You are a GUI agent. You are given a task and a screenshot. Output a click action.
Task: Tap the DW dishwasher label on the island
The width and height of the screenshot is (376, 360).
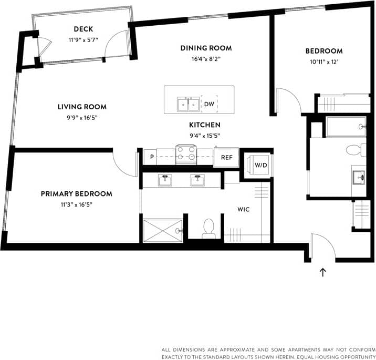point(209,104)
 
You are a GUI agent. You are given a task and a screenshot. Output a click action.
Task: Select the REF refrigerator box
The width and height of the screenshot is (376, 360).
point(226,157)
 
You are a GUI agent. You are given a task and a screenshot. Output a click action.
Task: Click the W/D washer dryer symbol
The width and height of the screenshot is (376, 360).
point(260,165)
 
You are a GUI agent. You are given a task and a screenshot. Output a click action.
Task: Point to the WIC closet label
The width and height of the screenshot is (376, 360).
point(244,209)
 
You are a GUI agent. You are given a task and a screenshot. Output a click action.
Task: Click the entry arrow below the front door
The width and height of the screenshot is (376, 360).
point(323,272)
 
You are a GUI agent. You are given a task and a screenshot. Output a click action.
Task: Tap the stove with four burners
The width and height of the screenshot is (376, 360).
point(186,155)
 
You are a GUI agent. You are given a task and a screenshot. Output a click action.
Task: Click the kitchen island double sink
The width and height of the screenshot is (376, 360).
point(188,104)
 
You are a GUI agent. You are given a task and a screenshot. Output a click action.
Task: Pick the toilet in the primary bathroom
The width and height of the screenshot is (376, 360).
point(209,228)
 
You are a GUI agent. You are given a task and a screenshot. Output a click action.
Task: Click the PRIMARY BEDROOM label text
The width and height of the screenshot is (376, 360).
point(77,194)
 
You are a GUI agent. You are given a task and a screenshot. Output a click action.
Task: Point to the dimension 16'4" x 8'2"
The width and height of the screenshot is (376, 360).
point(206,59)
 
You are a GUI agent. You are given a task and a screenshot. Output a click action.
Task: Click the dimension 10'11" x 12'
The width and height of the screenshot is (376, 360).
point(324,61)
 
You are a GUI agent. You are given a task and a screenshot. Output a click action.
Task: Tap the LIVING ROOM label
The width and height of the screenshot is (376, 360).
point(78,107)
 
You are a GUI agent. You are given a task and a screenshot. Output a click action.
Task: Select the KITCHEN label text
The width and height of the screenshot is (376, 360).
point(205,125)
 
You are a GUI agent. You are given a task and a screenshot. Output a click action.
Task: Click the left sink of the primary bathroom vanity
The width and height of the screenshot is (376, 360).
point(165,179)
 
